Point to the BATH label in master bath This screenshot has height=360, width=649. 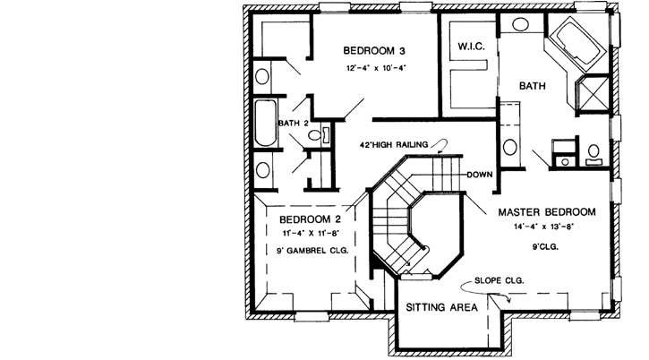coord(533,86)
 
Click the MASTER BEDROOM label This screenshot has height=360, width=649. coord(547,212)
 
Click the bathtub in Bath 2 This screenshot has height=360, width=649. coord(266,124)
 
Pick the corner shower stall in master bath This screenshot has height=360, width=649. coord(593,92)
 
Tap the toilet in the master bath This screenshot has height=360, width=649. coord(593,154)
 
